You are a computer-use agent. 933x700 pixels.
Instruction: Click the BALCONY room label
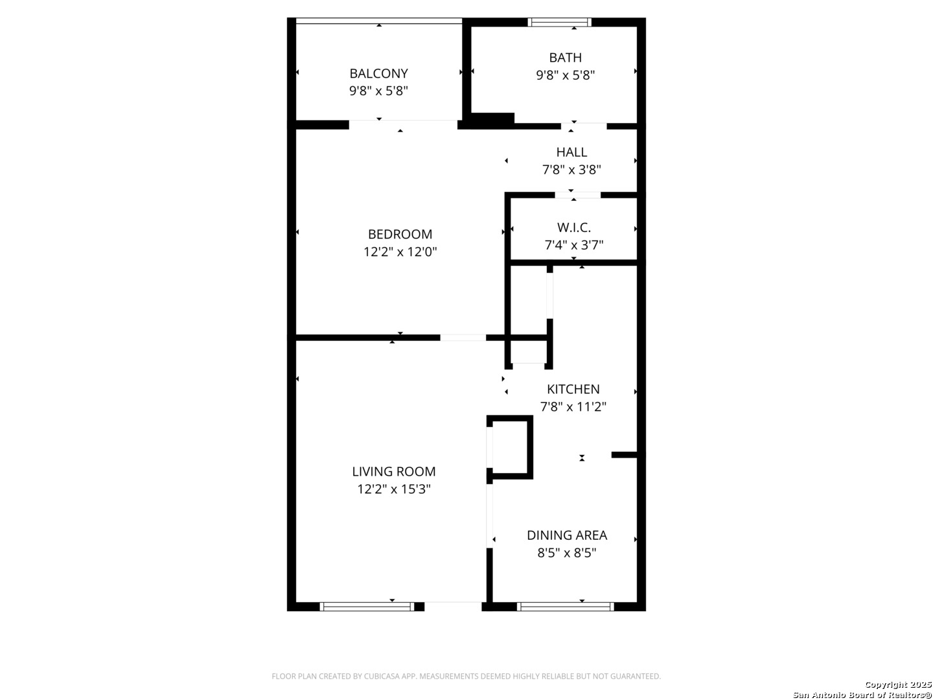(x=378, y=73)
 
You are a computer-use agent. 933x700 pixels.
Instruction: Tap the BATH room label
(x=565, y=58)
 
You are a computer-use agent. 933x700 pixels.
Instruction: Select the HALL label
(x=571, y=152)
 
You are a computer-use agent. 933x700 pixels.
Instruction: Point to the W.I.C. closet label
(x=573, y=227)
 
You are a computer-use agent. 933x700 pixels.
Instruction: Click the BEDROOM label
(x=400, y=234)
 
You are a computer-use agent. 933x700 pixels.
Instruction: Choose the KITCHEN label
(x=573, y=389)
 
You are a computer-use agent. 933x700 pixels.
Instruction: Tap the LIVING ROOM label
(x=393, y=472)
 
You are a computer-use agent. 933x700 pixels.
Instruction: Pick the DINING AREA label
(x=566, y=535)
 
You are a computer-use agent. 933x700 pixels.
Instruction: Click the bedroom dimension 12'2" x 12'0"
(x=400, y=251)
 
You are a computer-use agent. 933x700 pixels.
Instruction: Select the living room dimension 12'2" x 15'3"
(x=393, y=489)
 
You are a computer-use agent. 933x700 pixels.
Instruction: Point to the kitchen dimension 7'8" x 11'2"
(x=573, y=407)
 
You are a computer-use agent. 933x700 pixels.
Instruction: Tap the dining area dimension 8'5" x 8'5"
(x=566, y=553)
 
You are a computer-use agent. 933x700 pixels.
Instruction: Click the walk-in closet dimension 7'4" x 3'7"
(x=573, y=245)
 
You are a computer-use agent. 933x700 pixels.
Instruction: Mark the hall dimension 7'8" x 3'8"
(x=571, y=170)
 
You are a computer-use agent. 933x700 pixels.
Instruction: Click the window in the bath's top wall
(x=560, y=22)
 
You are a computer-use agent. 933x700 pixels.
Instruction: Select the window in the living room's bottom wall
(x=367, y=607)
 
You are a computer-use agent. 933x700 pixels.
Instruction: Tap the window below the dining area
(x=565, y=607)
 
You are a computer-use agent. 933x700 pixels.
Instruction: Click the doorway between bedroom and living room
(x=463, y=337)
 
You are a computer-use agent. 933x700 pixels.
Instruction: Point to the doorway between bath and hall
(x=584, y=125)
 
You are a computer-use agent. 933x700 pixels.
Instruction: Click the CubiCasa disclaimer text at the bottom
(x=466, y=676)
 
